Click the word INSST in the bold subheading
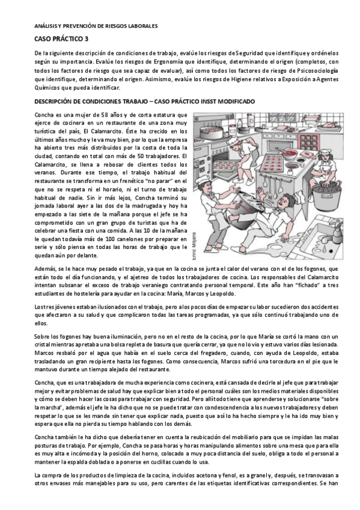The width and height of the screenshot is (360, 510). [213, 102]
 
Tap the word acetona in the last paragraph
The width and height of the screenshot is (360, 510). [177, 476]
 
